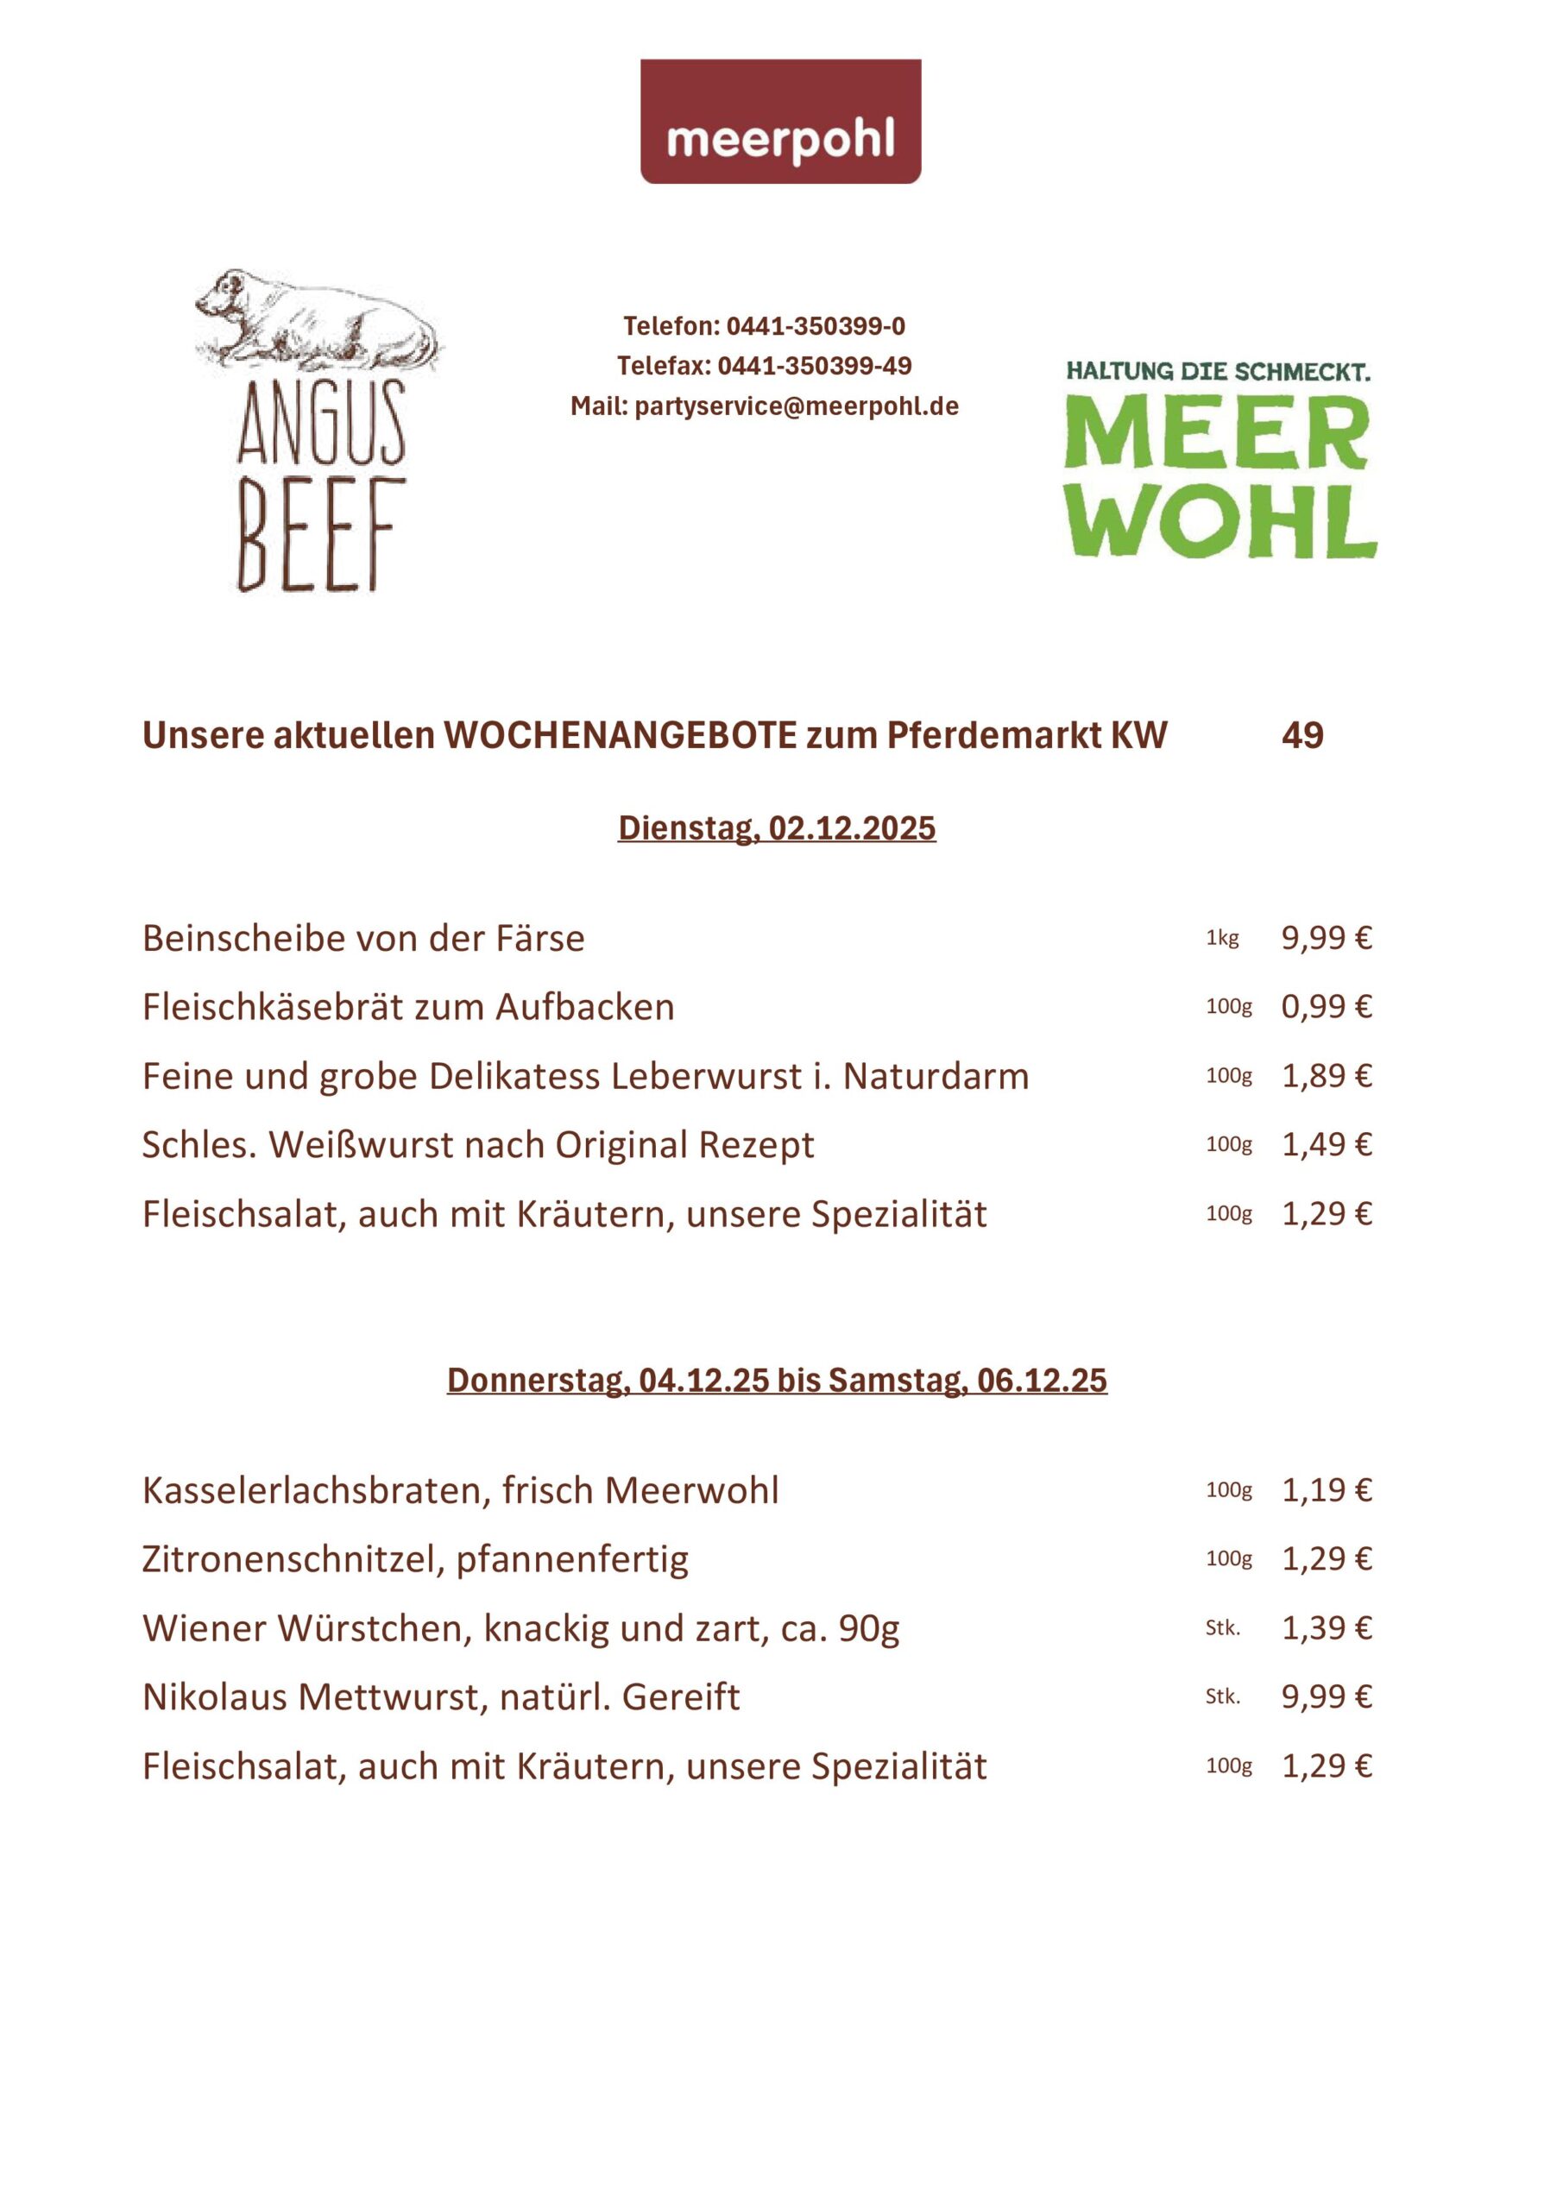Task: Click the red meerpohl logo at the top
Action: [780, 121]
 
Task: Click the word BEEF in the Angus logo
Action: [317, 535]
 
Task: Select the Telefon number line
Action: [764, 326]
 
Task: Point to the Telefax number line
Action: [764, 366]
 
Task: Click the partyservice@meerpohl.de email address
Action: [797, 406]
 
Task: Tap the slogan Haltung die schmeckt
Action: [1218, 371]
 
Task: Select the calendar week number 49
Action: [1302, 736]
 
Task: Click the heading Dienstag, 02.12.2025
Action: [777, 828]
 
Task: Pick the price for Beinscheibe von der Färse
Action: [1326, 938]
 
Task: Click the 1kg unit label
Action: [1222, 938]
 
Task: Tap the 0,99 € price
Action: [1326, 1007]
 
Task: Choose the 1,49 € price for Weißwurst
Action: [1326, 1145]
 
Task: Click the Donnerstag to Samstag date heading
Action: [777, 1381]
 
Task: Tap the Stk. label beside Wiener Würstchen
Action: [1223, 1628]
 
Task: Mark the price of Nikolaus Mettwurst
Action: [1326, 1697]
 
